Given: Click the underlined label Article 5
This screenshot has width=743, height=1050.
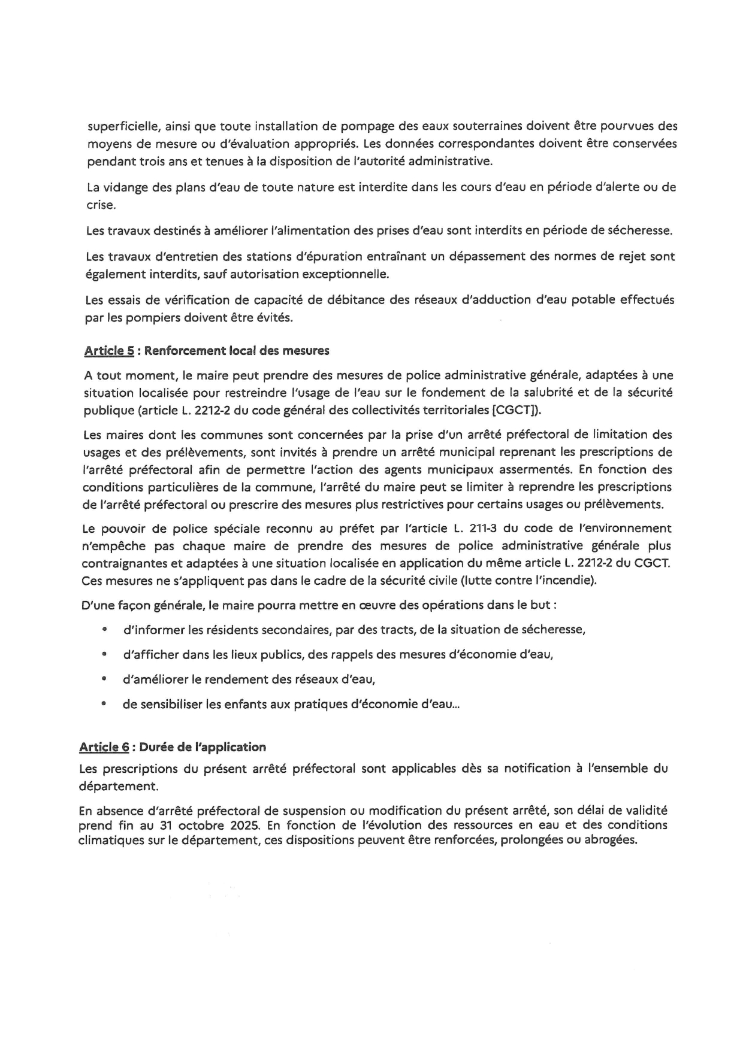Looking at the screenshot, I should tap(109, 351).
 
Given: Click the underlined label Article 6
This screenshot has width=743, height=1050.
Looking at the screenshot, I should tap(104, 747).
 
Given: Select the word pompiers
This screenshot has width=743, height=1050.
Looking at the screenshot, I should tap(153, 317).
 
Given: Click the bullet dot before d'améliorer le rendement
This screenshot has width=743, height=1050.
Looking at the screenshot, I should tap(105, 679).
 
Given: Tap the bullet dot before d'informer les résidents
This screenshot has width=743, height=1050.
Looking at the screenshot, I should tap(105, 629).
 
